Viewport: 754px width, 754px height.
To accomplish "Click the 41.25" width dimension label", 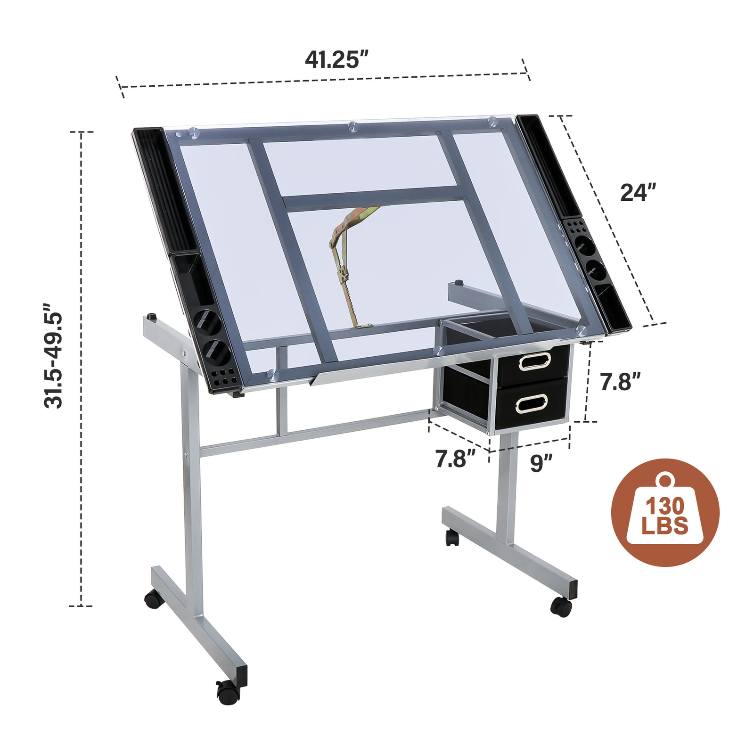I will (336, 60).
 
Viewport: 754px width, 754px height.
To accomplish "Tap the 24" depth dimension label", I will (638, 193).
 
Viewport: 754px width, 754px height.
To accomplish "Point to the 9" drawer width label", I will (541, 463).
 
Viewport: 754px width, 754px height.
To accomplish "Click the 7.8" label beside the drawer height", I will (620, 382).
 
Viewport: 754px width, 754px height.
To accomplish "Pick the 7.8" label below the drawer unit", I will (455, 459).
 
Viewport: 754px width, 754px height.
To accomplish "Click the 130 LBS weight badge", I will (665, 512).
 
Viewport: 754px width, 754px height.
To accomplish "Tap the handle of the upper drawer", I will (534, 361).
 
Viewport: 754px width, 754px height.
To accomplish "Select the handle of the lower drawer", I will (531, 404).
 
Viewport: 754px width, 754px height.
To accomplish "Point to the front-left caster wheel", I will (228, 692).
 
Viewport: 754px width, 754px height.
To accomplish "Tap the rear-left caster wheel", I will (154, 599).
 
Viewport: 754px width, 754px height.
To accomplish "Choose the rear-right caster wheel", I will (452, 537).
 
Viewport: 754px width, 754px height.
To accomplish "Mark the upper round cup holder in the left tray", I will (207, 322).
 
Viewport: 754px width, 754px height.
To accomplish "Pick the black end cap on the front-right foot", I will (573, 590).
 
